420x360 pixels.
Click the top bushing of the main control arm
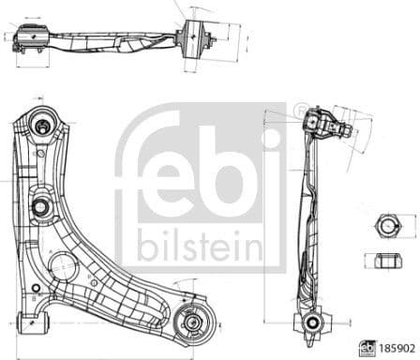(41, 124)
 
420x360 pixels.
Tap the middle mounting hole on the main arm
(42, 206)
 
